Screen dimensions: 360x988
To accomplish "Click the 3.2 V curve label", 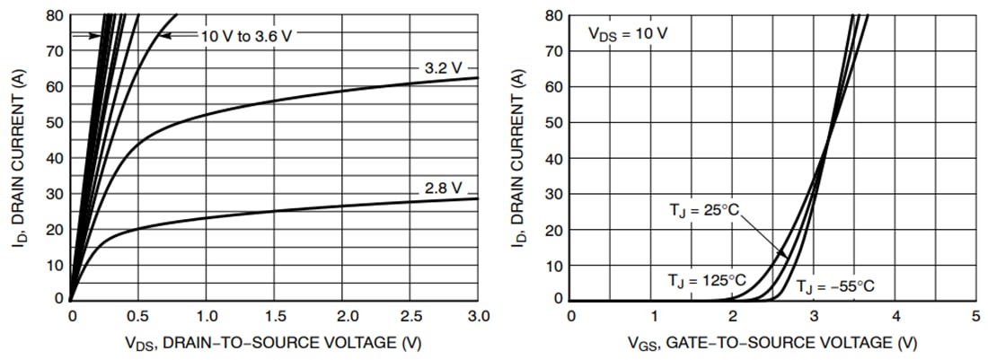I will [x=443, y=68].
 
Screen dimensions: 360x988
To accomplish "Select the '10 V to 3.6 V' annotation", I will [x=244, y=35].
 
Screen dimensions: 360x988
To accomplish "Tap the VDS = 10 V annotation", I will [x=627, y=34].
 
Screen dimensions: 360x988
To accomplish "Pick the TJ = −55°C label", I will [x=834, y=287].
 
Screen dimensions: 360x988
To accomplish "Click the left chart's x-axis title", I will [x=274, y=343].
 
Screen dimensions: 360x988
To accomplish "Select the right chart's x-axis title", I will [x=773, y=343].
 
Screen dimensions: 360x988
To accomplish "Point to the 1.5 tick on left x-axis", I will [x=274, y=316].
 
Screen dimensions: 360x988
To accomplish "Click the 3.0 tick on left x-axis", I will [x=478, y=316].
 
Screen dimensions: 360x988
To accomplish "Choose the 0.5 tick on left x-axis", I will [x=138, y=316].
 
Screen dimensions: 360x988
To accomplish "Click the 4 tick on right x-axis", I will [x=895, y=316].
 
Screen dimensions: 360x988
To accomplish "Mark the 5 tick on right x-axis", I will [x=975, y=316].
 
